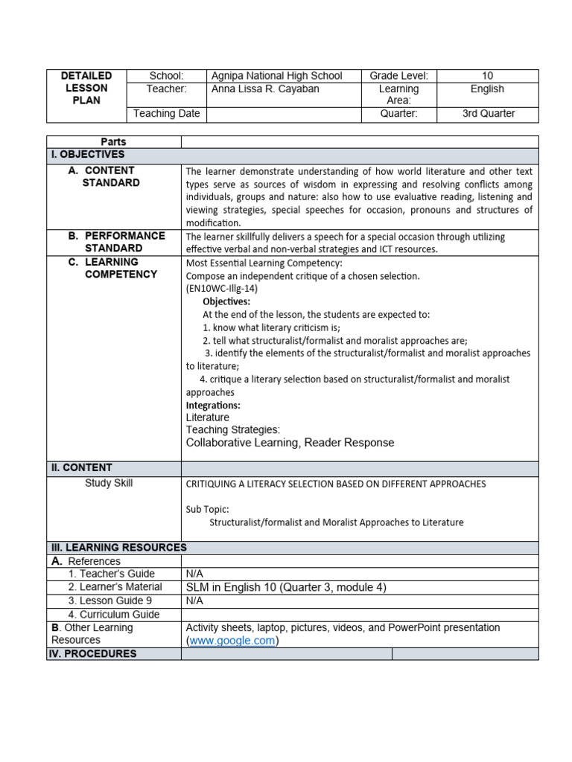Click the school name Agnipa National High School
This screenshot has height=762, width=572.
point(276,76)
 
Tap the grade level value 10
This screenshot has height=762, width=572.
point(487,76)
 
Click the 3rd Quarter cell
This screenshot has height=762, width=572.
point(487,115)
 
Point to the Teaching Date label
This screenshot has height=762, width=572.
point(167,115)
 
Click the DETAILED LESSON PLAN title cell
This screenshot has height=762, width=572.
point(86,89)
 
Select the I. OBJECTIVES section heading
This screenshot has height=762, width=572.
point(88,155)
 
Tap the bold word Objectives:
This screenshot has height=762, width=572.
point(226,302)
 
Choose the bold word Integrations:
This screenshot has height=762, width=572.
point(213,406)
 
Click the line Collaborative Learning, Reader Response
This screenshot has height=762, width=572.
point(290,443)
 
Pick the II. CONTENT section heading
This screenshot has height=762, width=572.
point(81,468)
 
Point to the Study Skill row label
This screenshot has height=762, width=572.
point(109,484)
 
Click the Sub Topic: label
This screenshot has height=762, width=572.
point(207,510)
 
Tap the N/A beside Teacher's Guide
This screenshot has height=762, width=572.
point(194,574)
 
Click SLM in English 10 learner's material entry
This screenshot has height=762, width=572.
point(286,588)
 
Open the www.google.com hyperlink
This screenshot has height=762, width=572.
point(232,641)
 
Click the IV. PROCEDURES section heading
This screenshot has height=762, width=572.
point(92,654)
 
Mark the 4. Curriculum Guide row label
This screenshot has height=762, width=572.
point(114,615)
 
